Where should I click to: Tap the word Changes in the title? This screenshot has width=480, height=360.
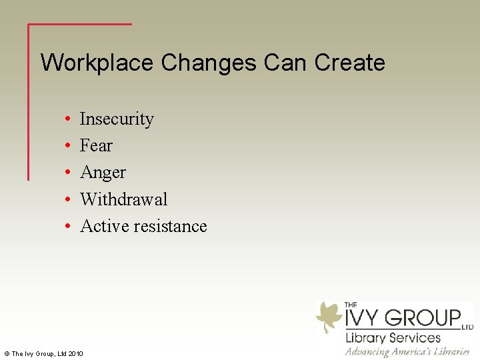(x=209, y=63)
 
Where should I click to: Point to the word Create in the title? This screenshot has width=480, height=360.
(x=349, y=63)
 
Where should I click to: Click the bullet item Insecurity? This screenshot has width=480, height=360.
(x=117, y=119)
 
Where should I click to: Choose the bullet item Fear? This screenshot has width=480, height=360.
(x=96, y=145)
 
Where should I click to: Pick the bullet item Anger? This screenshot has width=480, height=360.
(x=103, y=173)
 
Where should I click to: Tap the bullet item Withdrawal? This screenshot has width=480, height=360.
(x=123, y=199)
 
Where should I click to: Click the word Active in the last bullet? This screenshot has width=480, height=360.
(x=104, y=226)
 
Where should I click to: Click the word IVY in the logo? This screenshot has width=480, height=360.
(x=363, y=318)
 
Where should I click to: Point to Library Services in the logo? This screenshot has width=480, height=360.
(x=393, y=337)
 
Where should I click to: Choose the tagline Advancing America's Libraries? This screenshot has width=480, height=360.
(x=407, y=351)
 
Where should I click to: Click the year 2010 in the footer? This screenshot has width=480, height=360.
(x=75, y=353)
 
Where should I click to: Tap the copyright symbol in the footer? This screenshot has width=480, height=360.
(x=6, y=353)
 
